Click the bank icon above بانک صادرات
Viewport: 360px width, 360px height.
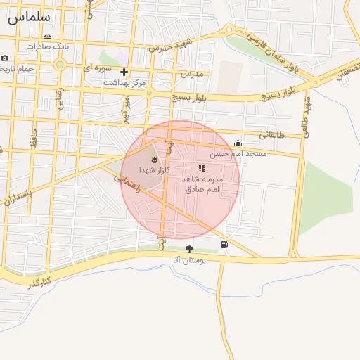pyautogui.click(x=47, y=36)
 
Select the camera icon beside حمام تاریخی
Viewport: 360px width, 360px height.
pyautogui.click(x=5, y=58)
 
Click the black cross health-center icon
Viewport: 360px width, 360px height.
pyautogui.click(x=124, y=72)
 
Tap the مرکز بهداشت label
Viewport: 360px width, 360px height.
pyautogui.click(x=125, y=83)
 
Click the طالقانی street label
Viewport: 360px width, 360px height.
pyautogui.click(x=272, y=134)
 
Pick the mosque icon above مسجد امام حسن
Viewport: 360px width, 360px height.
pyautogui.click(x=238, y=143)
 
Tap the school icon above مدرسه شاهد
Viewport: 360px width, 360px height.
pyautogui.click(x=201, y=169)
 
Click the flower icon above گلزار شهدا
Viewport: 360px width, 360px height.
pyautogui.click(x=155, y=160)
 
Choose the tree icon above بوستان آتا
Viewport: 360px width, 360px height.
pyautogui.click(x=189, y=249)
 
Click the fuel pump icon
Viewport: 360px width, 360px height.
pyautogui.click(x=224, y=245)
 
